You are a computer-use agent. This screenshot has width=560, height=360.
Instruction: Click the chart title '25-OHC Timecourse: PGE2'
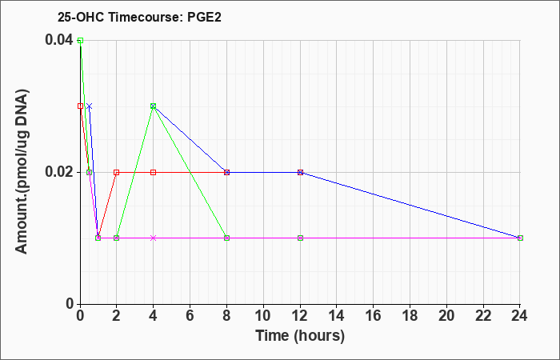coord(139,17)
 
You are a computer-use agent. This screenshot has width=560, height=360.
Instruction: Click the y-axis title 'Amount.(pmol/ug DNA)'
coord(22,172)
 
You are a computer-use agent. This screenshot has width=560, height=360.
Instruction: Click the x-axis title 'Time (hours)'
coord(300,336)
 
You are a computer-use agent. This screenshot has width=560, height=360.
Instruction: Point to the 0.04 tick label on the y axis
coord(58,40)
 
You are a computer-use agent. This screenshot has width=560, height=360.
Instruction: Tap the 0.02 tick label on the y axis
coord(58,172)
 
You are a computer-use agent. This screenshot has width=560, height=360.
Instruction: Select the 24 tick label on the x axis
coord(520,316)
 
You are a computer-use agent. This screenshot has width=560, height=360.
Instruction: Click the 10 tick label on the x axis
coord(263,316)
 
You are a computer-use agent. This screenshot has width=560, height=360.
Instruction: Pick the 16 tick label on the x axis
coord(374,316)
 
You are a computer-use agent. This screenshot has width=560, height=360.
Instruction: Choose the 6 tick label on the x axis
coord(190,316)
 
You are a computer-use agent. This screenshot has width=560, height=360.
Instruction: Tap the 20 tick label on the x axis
coord(446,316)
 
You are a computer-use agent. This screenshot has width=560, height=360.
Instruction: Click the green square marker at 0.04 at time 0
coord(80,40)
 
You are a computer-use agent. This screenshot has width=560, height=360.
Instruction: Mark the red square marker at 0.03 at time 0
coord(80,106)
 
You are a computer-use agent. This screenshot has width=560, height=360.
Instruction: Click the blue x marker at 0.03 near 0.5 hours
coord(90,106)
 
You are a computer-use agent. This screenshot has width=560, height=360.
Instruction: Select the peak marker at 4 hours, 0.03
coord(154,106)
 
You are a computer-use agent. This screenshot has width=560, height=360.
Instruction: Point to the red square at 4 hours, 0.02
coord(154,172)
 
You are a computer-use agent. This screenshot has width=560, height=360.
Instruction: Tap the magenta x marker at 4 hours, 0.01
coord(154,238)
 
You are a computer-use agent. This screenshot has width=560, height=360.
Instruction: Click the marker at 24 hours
coord(520,238)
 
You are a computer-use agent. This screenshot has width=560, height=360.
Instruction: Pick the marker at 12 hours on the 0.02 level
coord(300,172)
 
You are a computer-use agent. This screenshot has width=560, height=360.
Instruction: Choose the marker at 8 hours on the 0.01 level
coord(226,238)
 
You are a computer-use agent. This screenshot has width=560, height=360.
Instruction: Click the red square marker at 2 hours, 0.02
coord(117,172)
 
